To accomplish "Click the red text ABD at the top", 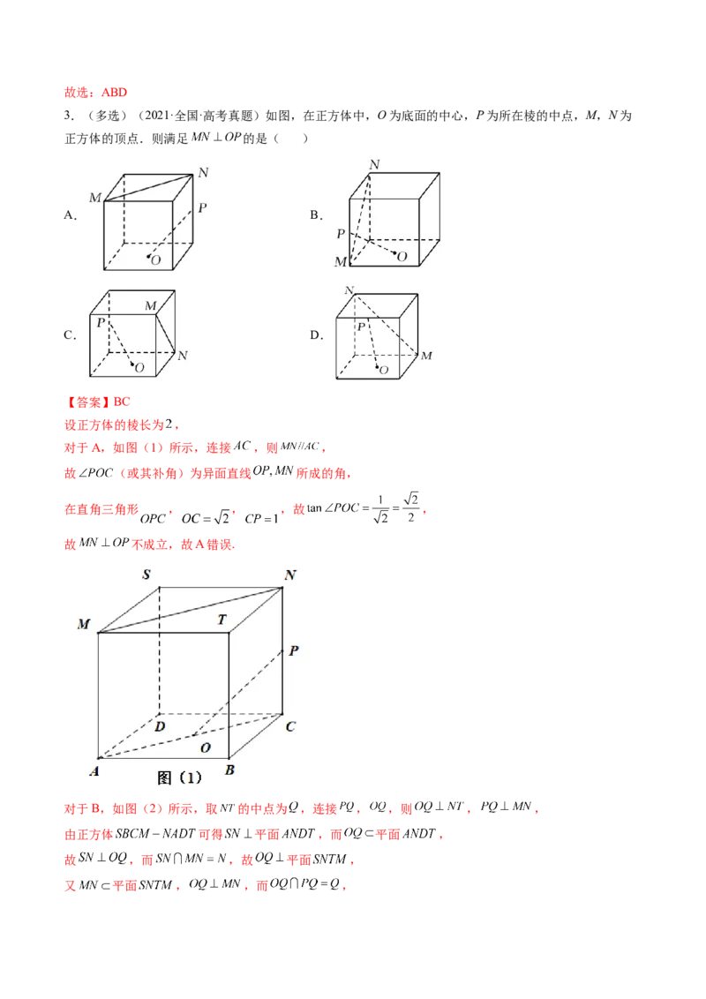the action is pyautogui.click(x=114, y=93).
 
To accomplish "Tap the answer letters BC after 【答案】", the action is pyautogui.click(x=122, y=402).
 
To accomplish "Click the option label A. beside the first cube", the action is pyautogui.click(x=70, y=215).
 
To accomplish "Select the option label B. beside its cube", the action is pyautogui.click(x=316, y=215).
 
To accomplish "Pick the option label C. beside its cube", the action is pyautogui.click(x=70, y=335).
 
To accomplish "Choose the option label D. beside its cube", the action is pyautogui.click(x=316, y=335).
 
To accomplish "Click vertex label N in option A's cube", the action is pyautogui.click(x=203, y=173).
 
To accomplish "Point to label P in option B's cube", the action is pyautogui.click(x=341, y=234).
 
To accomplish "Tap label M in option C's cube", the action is pyautogui.click(x=150, y=306).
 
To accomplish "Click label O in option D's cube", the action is pyautogui.click(x=384, y=370).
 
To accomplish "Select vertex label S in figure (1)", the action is pyautogui.click(x=146, y=575).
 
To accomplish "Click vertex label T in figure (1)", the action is pyautogui.click(x=222, y=620).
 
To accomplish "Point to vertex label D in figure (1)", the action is pyautogui.click(x=160, y=726).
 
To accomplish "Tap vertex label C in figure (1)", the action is pyautogui.click(x=290, y=726).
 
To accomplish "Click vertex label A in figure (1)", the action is pyautogui.click(x=94, y=771).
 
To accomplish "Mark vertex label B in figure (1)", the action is pyautogui.click(x=229, y=770).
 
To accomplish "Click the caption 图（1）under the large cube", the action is pyautogui.click(x=179, y=777).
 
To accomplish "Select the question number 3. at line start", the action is pyautogui.click(x=69, y=116).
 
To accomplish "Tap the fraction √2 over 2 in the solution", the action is pyautogui.click(x=411, y=507).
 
